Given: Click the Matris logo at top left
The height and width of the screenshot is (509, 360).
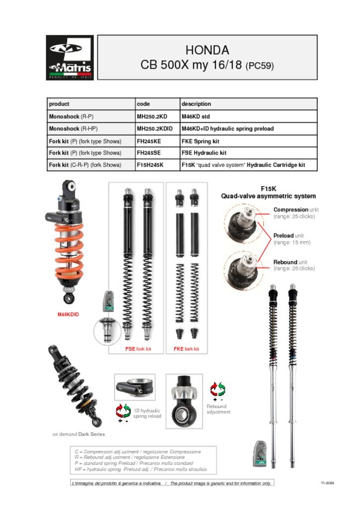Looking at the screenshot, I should pos(70,58).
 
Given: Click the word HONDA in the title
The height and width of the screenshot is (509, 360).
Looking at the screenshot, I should pos(207,50).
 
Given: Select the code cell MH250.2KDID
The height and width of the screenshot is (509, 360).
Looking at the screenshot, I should pos(155,129).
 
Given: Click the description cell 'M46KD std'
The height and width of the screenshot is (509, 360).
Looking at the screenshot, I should pos(195,116).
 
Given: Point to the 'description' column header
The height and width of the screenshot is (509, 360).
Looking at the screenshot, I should pos(196,104).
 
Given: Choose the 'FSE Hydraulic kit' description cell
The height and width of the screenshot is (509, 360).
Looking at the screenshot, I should pos(204,153).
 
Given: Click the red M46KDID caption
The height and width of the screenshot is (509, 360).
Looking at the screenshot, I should pos(69,314).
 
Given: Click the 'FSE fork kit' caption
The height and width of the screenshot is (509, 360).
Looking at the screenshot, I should pos(138,349).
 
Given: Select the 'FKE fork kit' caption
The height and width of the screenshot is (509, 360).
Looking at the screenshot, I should pos(186,349).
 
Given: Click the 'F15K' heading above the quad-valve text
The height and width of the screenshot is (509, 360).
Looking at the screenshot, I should pos(268,189).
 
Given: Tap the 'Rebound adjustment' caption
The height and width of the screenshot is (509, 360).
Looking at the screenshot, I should pos(218,409).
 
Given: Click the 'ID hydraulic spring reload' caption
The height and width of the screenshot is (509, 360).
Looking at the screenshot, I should pos(147,414).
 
